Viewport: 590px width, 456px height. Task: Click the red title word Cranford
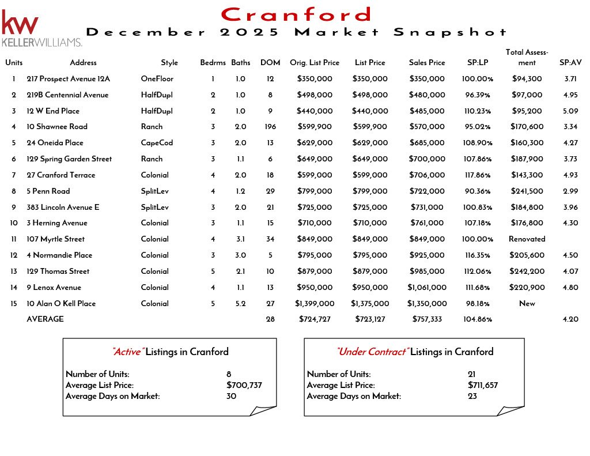tap(296, 14)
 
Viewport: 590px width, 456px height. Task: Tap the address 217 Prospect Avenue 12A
tap(68, 79)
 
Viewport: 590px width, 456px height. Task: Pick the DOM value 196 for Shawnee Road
tap(270, 127)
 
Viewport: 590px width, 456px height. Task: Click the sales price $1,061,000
tap(427, 288)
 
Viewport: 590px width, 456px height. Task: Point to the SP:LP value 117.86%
tap(477, 175)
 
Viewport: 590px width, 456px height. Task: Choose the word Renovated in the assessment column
tap(527, 239)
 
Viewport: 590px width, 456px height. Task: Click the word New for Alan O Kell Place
tap(527, 304)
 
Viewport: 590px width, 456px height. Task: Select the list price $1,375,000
tap(370, 304)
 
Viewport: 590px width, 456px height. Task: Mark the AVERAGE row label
tap(45, 319)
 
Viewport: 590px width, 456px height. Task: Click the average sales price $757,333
tap(427, 319)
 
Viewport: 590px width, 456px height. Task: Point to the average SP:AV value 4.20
tap(569, 319)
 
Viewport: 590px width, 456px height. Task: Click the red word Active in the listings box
tap(127, 352)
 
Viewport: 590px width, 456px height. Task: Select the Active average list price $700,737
tap(244, 385)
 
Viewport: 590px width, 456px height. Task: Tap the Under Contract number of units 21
tap(472, 374)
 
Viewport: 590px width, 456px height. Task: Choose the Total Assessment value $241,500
tap(527, 191)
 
